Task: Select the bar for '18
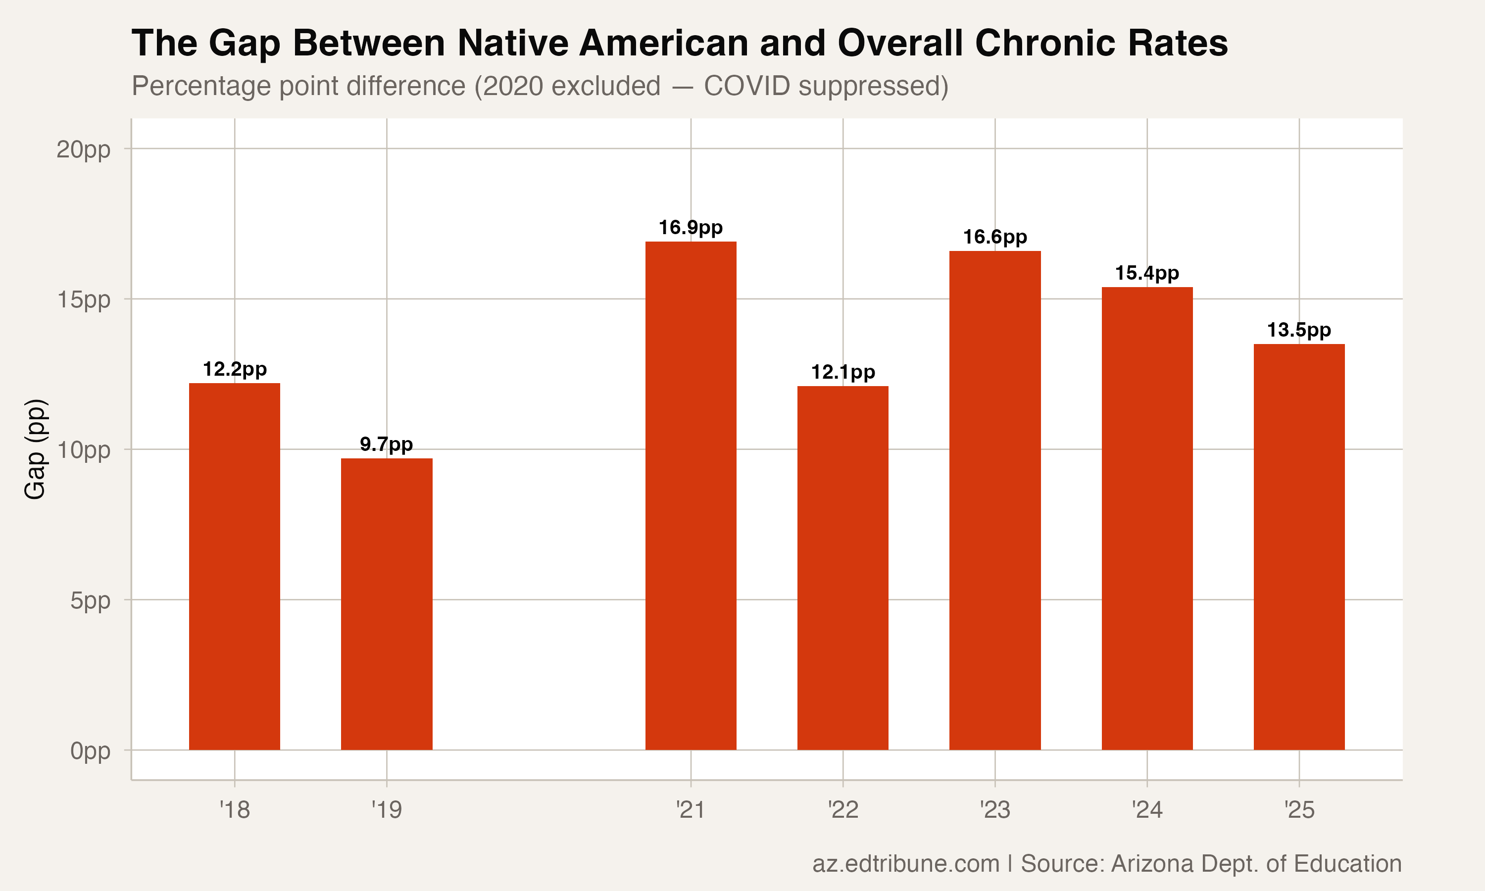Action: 234,566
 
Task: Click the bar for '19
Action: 387,604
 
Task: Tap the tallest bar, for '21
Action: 691,495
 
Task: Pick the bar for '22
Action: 843,568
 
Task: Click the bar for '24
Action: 1147,518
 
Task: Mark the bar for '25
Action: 1299,547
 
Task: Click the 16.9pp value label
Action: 691,228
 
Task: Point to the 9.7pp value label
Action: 387,445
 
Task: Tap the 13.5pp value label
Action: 1299,330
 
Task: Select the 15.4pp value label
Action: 1147,273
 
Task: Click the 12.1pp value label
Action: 843,372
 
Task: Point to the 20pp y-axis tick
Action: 84,149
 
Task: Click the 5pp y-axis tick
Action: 90,600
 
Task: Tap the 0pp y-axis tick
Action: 90,750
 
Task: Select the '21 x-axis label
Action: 691,810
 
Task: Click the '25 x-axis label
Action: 1299,810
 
